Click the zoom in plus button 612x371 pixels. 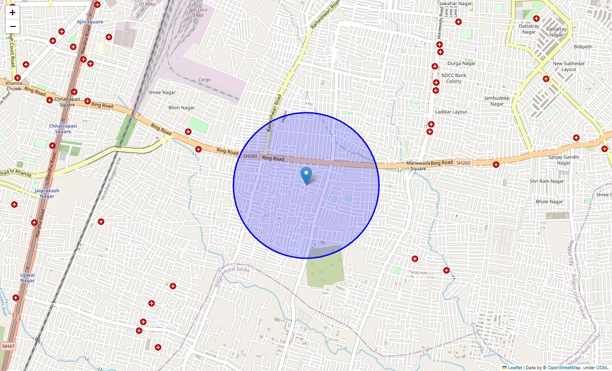coord(13,13)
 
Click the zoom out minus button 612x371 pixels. coord(13,26)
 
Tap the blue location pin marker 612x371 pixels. coord(306,175)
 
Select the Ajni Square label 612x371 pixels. coord(90,22)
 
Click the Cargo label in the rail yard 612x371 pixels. coord(204,80)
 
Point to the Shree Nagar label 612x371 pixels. coord(162,92)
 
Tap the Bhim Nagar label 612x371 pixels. coord(181,108)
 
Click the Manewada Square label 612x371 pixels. coord(416,166)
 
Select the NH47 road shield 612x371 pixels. coord(8,346)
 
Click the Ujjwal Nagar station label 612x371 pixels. coord(27,277)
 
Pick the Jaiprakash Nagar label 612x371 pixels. coord(47,193)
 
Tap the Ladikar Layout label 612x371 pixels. coord(451,112)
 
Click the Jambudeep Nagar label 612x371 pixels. coord(497,101)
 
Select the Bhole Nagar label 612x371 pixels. coord(549,202)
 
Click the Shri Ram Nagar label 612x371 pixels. coord(547,181)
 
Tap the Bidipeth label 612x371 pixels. coord(583,47)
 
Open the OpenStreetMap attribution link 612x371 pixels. coord(564,368)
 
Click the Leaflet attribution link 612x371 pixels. coord(515,368)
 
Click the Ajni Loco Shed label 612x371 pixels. coord(198,13)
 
